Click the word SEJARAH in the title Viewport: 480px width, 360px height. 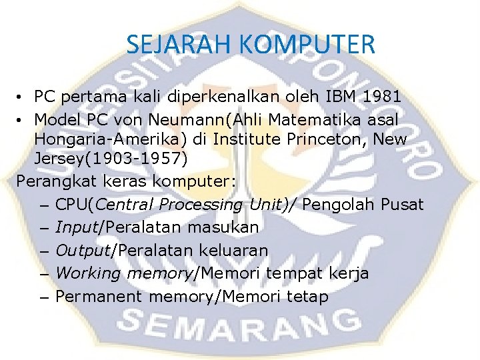(x=179, y=45)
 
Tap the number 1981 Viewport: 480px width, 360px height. (x=382, y=97)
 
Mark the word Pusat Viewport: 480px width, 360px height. (x=401, y=204)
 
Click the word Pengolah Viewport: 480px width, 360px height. (x=337, y=204)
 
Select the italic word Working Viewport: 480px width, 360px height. (x=88, y=273)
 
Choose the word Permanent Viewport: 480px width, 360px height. (x=99, y=297)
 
